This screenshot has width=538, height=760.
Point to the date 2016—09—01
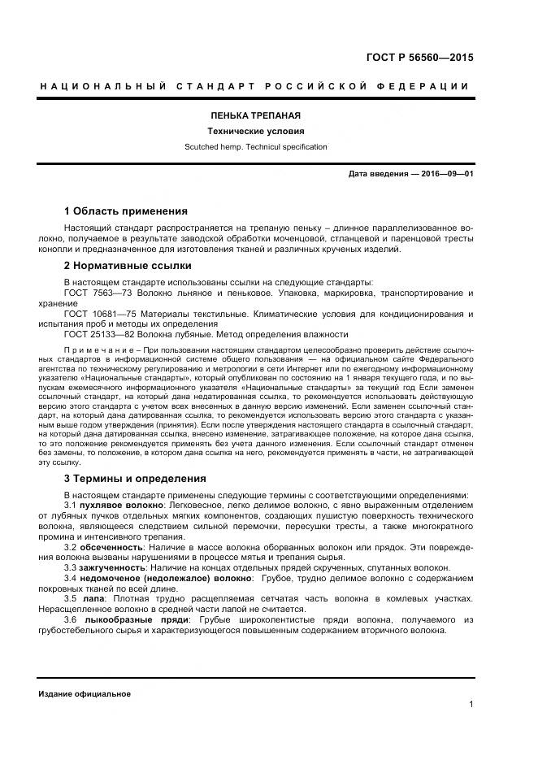[x=445, y=174]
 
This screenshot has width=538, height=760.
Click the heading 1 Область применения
[x=125, y=211]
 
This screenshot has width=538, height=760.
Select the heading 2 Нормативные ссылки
[x=128, y=265]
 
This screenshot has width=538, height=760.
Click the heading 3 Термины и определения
[x=134, y=478]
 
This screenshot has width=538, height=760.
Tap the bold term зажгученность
[x=114, y=567]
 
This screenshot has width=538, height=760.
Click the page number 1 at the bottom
[x=471, y=704]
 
